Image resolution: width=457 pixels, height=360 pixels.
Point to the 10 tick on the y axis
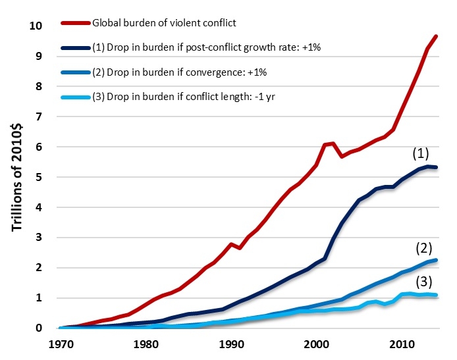point(35,26)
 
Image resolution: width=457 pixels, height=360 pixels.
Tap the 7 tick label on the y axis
point(39,117)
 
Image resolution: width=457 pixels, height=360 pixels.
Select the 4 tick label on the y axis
point(39,207)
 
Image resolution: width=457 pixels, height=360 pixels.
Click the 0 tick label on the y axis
point(39,328)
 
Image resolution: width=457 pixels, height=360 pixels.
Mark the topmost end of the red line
point(435,36)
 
